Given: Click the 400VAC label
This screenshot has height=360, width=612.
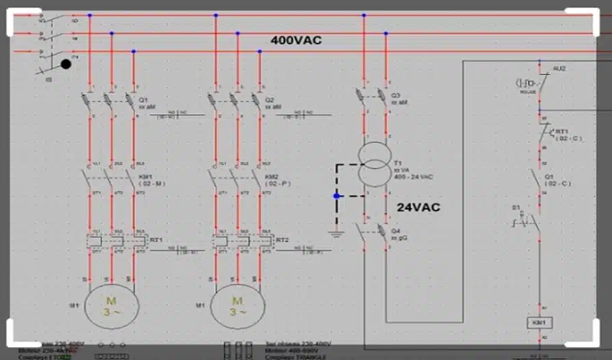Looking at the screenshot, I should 296,40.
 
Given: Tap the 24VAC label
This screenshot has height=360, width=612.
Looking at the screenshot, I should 418,207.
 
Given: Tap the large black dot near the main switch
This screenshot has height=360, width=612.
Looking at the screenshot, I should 66,64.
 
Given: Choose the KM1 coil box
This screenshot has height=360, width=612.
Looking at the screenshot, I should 539,323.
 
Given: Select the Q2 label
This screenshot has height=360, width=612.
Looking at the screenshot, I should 269,99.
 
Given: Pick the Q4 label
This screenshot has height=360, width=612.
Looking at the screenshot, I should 395,230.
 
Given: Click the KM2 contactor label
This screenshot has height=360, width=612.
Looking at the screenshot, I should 271,176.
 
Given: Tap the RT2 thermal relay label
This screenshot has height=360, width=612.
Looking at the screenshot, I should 282,240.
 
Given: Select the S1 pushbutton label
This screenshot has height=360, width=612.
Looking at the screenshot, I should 516,207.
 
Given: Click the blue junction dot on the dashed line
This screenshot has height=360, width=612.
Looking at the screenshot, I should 336,196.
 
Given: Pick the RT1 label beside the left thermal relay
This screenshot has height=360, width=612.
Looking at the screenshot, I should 156,240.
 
